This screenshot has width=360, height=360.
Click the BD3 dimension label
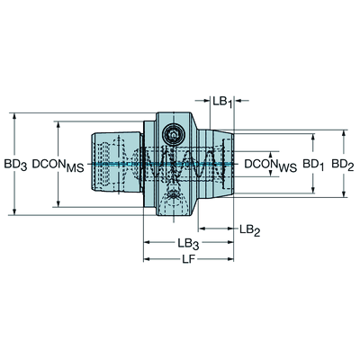pos(15,165)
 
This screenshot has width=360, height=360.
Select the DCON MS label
pos(58,165)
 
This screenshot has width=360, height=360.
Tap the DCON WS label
pos(271,165)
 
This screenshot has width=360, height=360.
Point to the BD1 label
pos(313,165)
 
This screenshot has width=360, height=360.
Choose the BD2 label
pos(343,165)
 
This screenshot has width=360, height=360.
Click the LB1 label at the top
pos(222,102)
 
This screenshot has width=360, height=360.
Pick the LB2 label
pos(250,230)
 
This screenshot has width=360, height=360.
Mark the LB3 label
pos(188,244)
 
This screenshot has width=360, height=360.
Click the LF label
pos(189,259)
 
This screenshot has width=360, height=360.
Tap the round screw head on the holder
pos(172,135)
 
